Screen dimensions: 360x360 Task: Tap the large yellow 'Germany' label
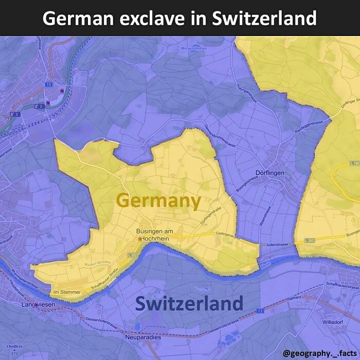point(158,201)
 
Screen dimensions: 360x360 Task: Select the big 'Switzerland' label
point(189,303)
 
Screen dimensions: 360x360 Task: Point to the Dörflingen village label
point(269,173)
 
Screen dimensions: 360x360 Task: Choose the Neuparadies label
point(142,337)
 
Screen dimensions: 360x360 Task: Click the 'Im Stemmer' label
point(67,293)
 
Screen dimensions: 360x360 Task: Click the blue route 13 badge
point(260,311)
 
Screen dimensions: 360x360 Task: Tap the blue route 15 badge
point(49,84)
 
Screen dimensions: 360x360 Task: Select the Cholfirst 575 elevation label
point(15,350)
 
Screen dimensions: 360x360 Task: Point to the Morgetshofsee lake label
point(193,49)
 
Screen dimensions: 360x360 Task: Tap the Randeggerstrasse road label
point(309,123)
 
